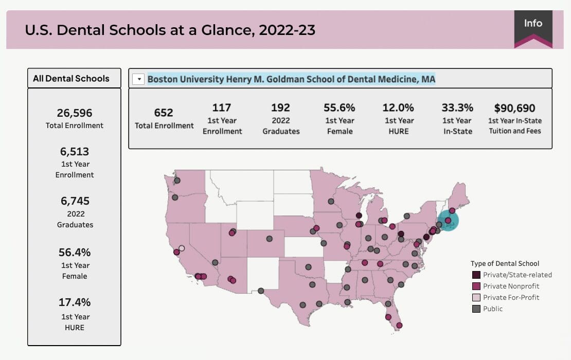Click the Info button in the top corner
click(x=533, y=24)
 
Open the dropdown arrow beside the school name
click(x=138, y=79)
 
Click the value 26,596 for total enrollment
click(x=74, y=113)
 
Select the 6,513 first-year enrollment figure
click(x=74, y=152)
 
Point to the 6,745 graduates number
click(x=74, y=201)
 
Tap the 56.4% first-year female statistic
click(x=74, y=253)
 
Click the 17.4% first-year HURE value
click(x=74, y=302)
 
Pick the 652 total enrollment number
click(x=164, y=113)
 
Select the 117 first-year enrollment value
click(x=222, y=107)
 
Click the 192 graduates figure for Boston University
click(x=280, y=107)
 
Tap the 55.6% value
click(x=340, y=107)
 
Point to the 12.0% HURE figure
click(x=398, y=107)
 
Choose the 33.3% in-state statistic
click(x=456, y=107)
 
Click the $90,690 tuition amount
click(x=514, y=108)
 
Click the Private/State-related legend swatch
click(x=476, y=275)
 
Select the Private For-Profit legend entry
click(x=511, y=298)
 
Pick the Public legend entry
click(x=492, y=309)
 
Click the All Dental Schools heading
click(x=72, y=79)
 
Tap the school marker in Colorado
click(x=269, y=239)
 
